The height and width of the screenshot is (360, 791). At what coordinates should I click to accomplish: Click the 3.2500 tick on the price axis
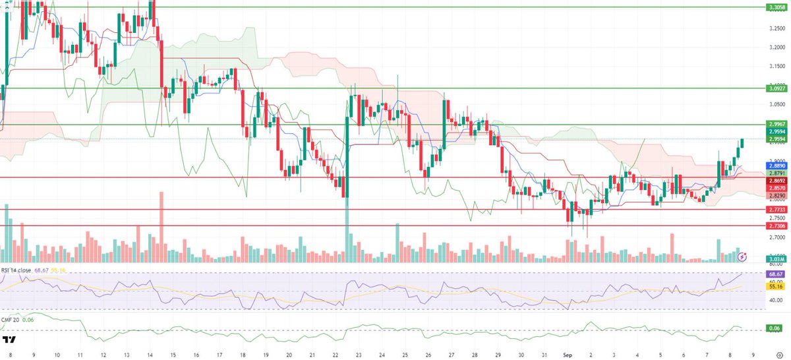click(x=775, y=28)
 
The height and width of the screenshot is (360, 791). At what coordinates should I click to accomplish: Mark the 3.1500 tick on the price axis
click(x=775, y=66)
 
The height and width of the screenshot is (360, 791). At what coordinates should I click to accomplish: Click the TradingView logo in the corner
click(x=10, y=340)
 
